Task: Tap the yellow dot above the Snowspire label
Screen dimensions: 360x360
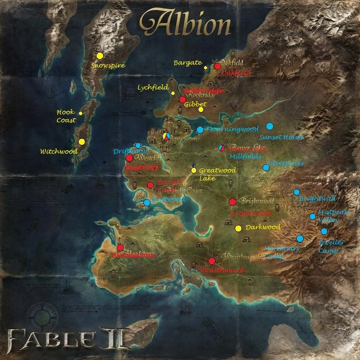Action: (99, 56)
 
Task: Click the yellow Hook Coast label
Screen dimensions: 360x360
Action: (66, 116)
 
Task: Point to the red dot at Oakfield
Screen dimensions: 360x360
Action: (217, 66)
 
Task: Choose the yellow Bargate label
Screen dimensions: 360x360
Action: (187, 63)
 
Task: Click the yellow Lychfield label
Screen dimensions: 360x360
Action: (153, 88)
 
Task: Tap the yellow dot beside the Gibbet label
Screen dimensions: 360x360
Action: (201, 110)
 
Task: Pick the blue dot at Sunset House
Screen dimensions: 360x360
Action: (270, 126)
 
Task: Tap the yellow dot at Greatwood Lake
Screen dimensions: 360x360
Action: (194, 170)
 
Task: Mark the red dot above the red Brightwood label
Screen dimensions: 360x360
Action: (232, 202)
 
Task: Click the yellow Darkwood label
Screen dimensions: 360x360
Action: (263, 228)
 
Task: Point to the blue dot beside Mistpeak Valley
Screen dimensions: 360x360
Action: (312, 216)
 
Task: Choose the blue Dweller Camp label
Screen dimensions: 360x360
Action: (331, 247)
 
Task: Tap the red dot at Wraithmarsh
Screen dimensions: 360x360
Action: (211, 261)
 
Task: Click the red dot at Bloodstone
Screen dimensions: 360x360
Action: (120, 247)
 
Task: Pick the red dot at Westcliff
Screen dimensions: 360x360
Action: (129, 158)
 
